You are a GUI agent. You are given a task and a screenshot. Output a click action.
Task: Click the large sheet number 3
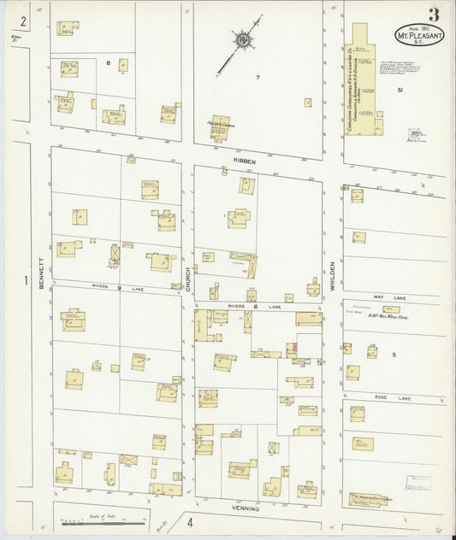pos(435,14)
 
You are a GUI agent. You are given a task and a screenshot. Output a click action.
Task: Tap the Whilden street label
pos(334,278)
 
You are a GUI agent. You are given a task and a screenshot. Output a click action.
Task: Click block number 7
pos(256,78)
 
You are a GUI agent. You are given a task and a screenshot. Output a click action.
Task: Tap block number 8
pos(109,63)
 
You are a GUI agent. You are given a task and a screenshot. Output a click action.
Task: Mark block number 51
pos(400,89)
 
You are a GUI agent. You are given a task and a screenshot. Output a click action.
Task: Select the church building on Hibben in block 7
pos(221,127)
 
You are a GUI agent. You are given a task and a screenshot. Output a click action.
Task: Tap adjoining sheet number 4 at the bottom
pos(191,521)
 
